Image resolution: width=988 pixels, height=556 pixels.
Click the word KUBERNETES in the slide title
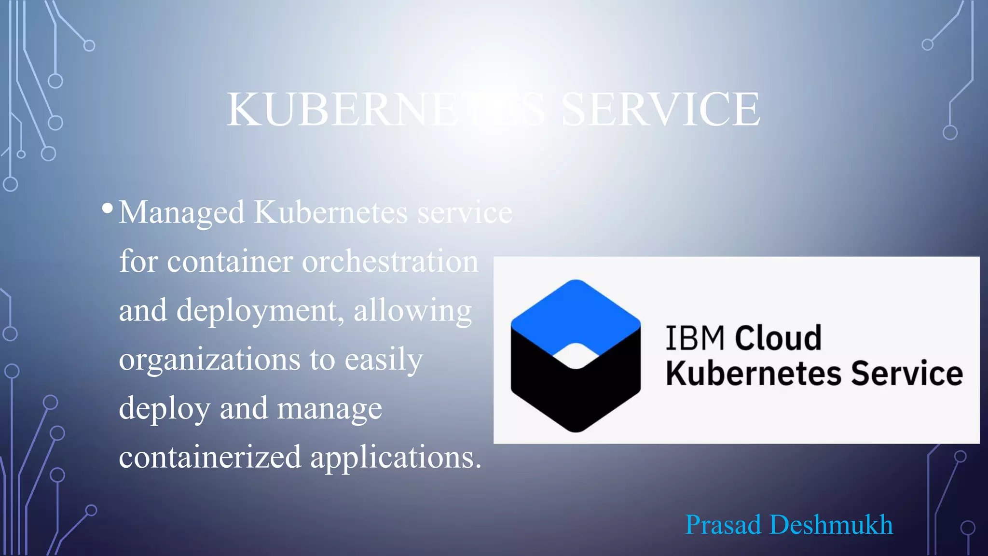386,110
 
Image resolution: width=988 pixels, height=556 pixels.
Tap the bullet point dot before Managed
108,208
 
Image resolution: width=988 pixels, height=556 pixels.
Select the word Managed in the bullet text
181,213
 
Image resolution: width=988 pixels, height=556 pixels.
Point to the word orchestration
390,262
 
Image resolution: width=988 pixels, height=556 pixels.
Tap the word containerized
210,457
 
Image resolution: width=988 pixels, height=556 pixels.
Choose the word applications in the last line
396,458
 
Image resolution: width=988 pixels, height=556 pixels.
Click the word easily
384,361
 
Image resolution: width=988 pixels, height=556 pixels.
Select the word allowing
412,311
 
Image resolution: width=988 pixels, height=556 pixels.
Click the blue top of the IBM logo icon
576,311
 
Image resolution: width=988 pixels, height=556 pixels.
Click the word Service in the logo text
906,374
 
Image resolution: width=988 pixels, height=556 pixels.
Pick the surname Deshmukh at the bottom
831,525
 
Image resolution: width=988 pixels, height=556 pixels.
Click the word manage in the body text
329,409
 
